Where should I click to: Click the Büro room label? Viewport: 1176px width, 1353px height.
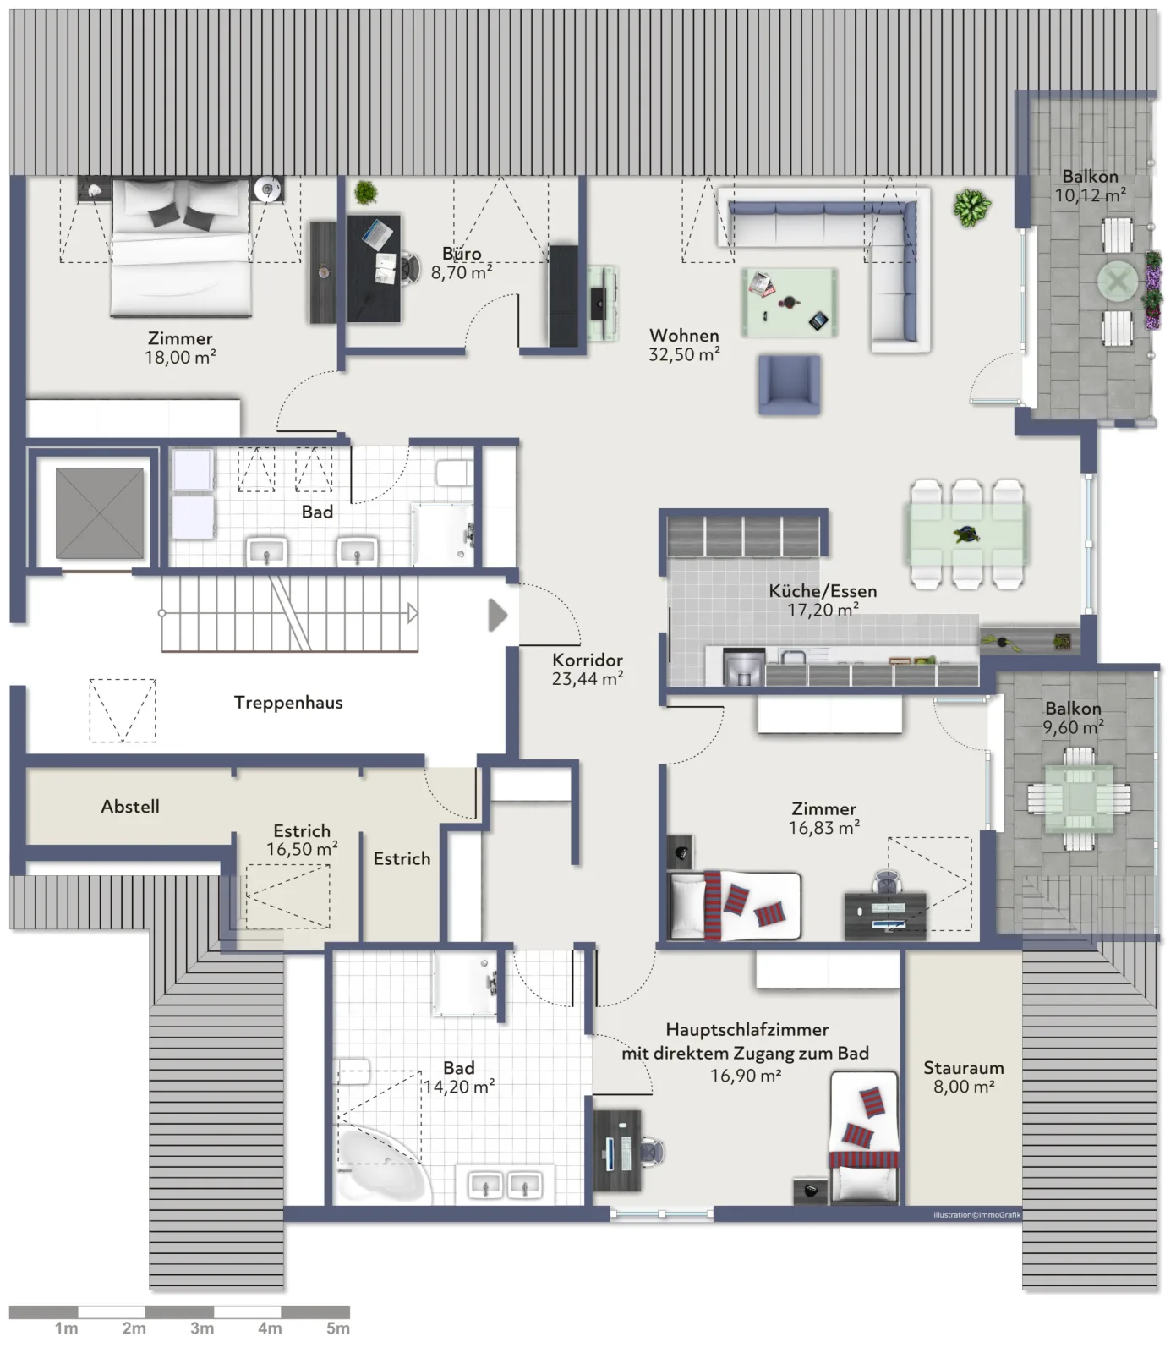coord(462,254)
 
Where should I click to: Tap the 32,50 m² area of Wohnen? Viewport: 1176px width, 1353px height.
coord(684,355)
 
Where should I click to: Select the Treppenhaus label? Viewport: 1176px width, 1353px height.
coord(288,702)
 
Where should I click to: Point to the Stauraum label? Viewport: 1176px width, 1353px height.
coord(963,1068)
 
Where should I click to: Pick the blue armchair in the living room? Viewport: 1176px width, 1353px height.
coord(790,385)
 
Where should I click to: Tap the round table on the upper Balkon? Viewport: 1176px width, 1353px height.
coord(1118,281)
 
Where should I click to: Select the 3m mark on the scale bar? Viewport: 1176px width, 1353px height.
coord(202,1328)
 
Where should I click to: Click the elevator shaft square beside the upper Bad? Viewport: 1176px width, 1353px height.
coord(100,513)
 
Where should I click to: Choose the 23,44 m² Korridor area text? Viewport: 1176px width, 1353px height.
coord(588,678)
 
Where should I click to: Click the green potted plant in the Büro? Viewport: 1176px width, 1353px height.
coord(365,193)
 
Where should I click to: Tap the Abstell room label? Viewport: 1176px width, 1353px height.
coord(130,807)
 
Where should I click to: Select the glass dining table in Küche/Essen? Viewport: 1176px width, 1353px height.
coord(967,534)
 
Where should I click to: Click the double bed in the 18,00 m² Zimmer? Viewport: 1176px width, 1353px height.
coord(182,247)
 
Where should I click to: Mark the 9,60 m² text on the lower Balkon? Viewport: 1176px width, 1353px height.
coord(1073,727)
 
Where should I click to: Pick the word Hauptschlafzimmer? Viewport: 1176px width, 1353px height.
coord(747,1030)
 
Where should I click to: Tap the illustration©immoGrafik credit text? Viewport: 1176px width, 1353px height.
coord(977,1215)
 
